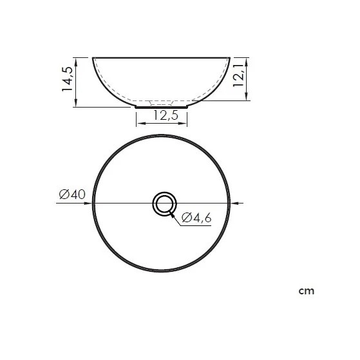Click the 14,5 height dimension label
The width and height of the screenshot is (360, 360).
(68, 79)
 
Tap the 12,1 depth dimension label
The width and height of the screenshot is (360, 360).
(238, 75)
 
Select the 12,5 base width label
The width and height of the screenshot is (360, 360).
(166, 115)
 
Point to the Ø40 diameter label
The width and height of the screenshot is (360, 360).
(72, 194)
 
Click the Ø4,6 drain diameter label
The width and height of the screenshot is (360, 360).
(196, 218)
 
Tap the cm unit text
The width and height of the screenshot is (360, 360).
(307, 291)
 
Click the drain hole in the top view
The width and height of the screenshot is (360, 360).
(165, 204)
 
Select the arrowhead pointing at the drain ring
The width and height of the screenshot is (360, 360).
(172, 214)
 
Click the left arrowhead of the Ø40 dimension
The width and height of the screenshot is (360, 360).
(88, 203)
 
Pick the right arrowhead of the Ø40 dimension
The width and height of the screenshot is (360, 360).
(234, 203)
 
